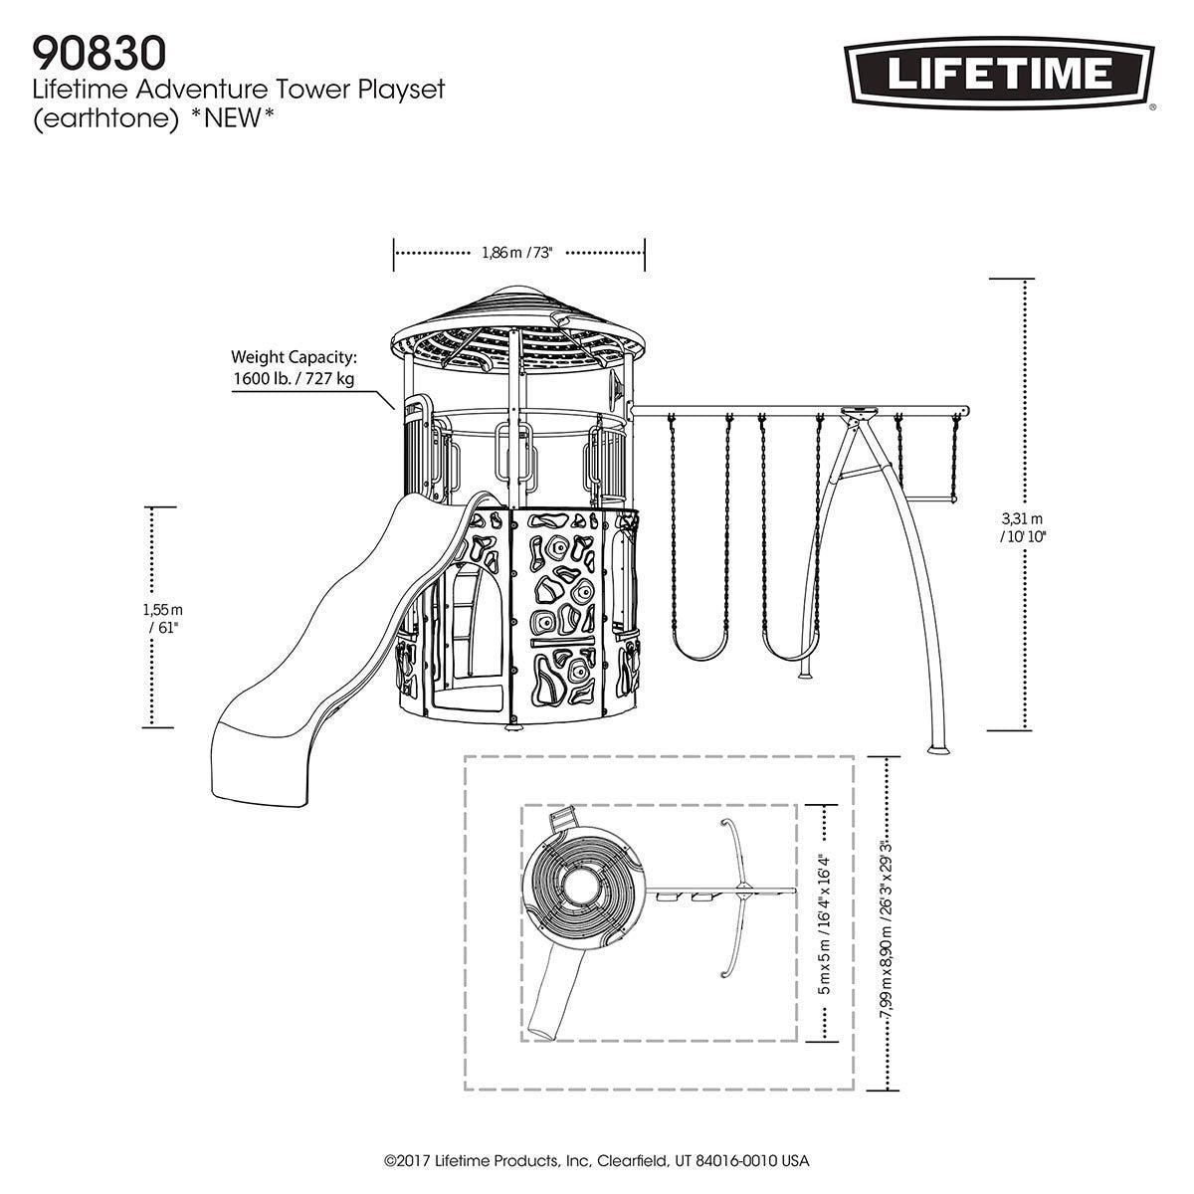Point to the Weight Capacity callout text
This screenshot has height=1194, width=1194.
[294, 368]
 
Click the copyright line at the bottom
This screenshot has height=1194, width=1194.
[597, 1161]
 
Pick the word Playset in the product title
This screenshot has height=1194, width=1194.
[406, 89]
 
